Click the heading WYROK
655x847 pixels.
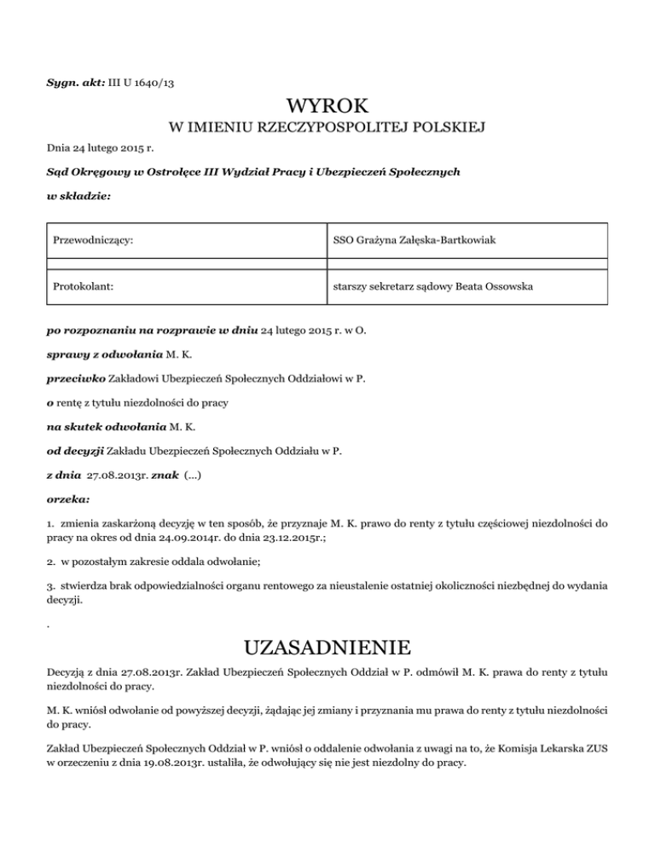point(327,107)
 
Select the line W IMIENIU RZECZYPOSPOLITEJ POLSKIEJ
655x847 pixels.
point(327,129)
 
